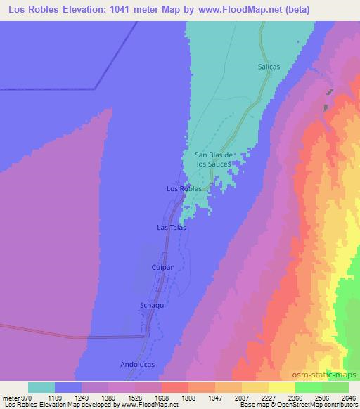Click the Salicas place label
[x=269, y=67]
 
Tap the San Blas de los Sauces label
[x=214, y=160]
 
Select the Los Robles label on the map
[x=184, y=189]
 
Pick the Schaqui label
[x=153, y=306]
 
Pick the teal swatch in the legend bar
[x=41, y=388]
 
